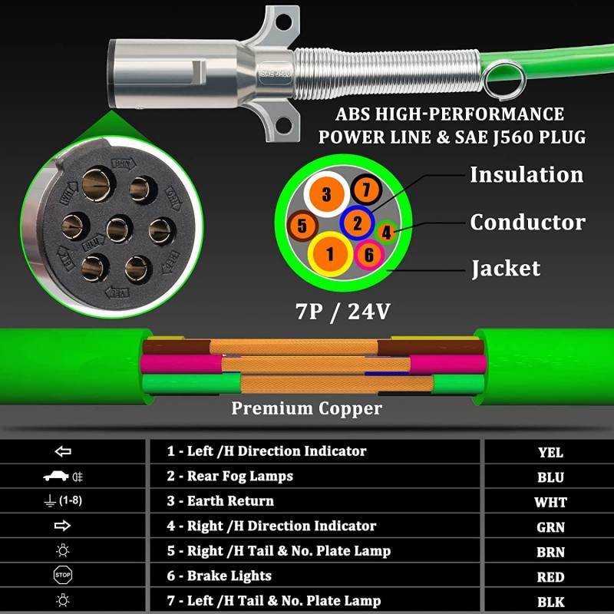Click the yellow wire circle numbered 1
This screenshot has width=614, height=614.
[331, 253]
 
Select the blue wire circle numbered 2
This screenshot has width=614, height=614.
[357, 223]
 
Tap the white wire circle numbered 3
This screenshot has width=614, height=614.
[326, 194]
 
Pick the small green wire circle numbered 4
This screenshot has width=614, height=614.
[387, 230]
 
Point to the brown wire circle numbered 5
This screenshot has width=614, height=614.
[303, 226]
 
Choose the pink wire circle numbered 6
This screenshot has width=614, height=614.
[369, 255]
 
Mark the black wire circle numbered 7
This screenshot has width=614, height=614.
[366, 189]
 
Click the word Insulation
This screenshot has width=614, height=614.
[527, 174]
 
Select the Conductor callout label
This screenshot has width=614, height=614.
[527, 223]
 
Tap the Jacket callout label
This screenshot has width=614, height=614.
[506, 269]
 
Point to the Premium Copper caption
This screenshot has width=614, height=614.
[307, 408]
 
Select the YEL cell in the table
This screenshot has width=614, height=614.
[550, 452]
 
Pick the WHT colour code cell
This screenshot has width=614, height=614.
[550, 502]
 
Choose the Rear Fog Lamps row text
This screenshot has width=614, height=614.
[230, 476]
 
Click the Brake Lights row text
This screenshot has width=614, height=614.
[220, 576]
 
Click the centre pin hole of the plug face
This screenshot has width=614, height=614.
[117, 228]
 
